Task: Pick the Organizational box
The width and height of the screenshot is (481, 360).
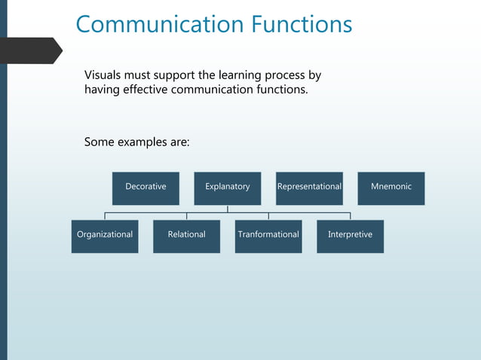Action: point(105,236)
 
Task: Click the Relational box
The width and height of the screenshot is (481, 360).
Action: point(186,236)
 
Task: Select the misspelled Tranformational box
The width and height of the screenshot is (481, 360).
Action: point(268,236)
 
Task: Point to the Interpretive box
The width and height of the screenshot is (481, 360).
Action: point(350,236)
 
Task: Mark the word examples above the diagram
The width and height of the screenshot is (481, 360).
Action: point(143,142)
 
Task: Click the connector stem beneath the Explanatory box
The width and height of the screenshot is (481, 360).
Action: point(228,209)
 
